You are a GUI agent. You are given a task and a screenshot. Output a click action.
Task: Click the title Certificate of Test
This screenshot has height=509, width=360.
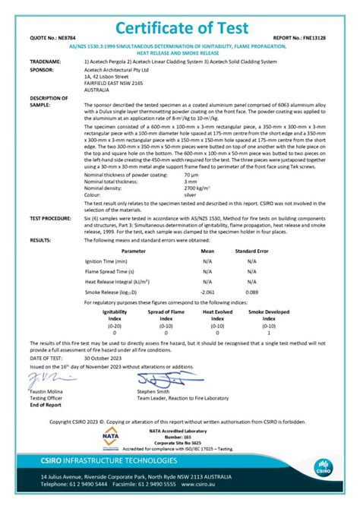tap(180, 27)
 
